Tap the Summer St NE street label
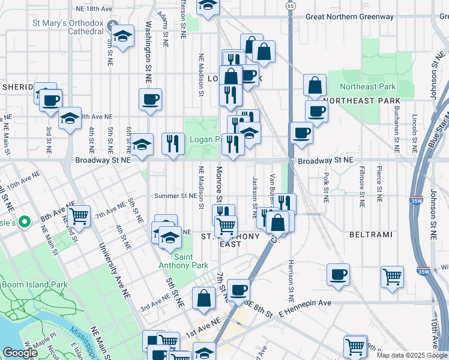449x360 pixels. pos(175,196)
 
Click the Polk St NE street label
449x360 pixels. pos(325,185)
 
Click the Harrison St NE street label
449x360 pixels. pos(291,281)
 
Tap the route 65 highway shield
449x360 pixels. pos(291,5)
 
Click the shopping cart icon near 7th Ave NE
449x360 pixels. pos(79,215)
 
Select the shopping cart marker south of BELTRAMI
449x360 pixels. pos(392,277)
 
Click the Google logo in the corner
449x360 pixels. pos(20,353)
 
